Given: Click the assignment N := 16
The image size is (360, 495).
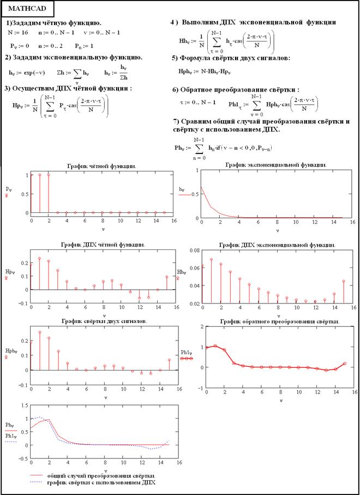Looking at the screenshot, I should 18,33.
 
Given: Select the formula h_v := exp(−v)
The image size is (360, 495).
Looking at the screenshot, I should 29,72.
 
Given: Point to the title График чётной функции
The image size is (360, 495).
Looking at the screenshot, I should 101,165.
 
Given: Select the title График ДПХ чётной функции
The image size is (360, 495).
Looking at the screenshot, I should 101,244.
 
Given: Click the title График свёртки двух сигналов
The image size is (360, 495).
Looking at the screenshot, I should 101,321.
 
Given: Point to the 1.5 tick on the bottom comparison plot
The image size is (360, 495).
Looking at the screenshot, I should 21,405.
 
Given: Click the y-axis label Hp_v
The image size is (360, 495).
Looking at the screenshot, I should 9,272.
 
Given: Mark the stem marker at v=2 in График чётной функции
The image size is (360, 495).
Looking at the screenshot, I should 49,175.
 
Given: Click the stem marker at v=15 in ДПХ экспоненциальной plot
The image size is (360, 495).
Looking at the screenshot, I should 343,282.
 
